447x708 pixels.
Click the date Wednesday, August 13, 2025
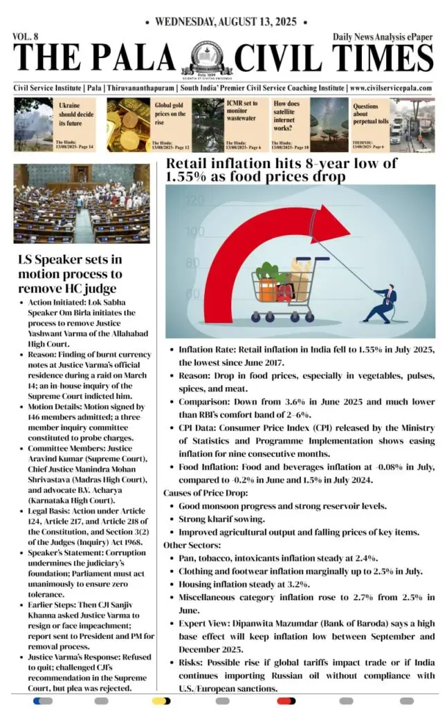coord(224,22)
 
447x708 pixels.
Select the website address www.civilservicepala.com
coord(391,88)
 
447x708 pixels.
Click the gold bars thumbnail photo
coord(127,124)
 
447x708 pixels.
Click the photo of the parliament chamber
coord(81,203)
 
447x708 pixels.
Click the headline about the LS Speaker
coord(69,274)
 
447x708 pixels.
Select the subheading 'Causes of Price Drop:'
coord(201,493)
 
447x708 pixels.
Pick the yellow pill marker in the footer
coord(161,700)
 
